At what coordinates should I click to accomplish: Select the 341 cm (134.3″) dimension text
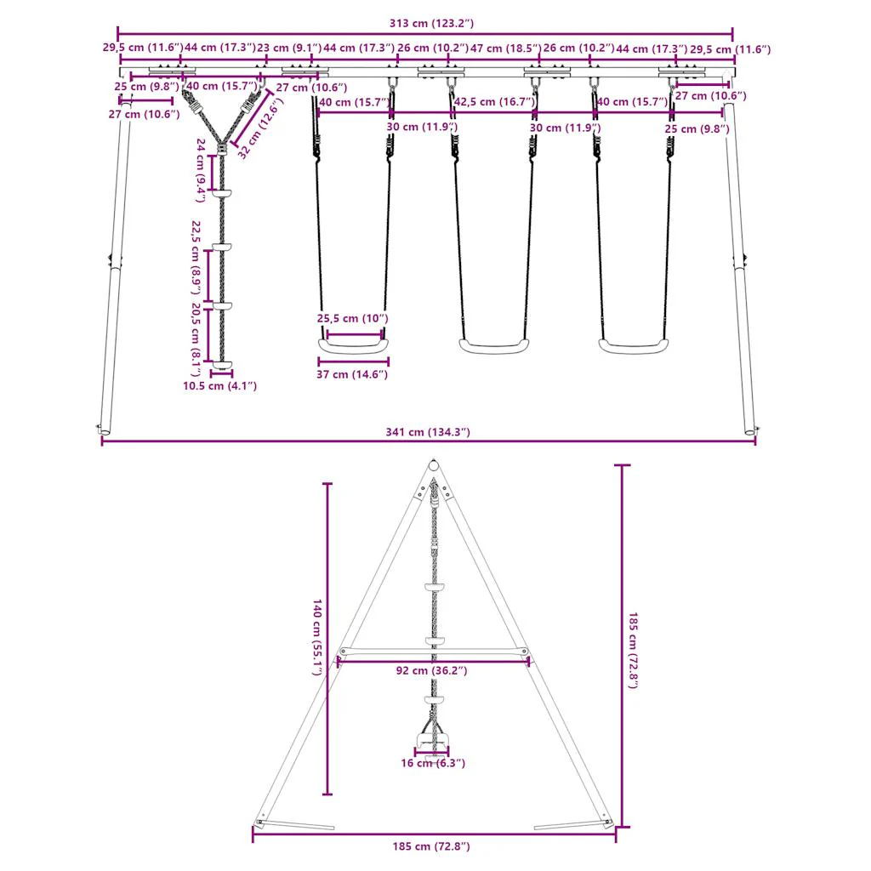point(426,432)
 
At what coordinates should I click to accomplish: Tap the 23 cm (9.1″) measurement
point(289,49)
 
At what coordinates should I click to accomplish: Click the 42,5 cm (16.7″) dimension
point(495,102)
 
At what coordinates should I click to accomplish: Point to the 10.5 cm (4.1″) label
point(220,386)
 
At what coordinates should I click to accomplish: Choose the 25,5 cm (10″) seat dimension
point(353,318)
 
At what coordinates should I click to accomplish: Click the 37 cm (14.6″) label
point(353,374)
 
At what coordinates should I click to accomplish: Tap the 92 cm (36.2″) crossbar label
point(433,671)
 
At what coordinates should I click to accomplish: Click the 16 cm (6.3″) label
point(433,763)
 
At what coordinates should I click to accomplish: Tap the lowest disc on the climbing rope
point(222,366)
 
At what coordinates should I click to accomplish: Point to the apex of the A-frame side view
point(434,466)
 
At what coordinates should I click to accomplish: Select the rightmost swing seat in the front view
point(634,345)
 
